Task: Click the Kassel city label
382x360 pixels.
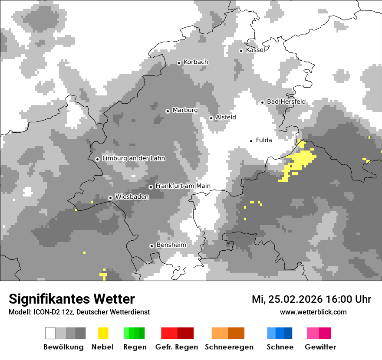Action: pyautogui.click(x=255, y=50)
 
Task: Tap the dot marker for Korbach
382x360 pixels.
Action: pyautogui.click(x=179, y=63)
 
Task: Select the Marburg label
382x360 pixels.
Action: pyautogui.click(x=185, y=110)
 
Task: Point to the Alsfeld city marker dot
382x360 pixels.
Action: pyautogui.click(x=211, y=118)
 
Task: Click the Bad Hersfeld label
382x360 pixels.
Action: pyautogui.click(x=286, y=102)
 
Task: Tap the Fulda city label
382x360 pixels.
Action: pyautogui.click(x=264, y=140)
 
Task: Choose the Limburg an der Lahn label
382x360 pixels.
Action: pyautogui.click(x=133, y=158)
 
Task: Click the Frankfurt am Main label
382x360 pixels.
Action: pyautogui.click(x=183, y=186)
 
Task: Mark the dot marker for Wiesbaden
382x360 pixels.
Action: pyautogui.click(x=111, y=198)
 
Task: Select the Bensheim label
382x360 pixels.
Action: pyautogui.click(x=171, y=245)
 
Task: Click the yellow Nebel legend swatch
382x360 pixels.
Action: pyautogui.click(x=103, y=333)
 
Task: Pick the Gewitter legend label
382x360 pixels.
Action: pyautogui.click(x=320, y=347)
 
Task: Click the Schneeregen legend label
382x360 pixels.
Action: pyautogui.click(x=229, y=347)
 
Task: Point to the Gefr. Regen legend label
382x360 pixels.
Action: pyautogui.click(x=177, y=347)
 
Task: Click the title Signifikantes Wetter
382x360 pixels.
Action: pyautogui.click(x=72, y=299)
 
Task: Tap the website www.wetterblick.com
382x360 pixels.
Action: pyautogui.click(x=313, y=312)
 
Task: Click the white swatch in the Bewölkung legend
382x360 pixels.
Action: pyautogui.click(x=50, y=333)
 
